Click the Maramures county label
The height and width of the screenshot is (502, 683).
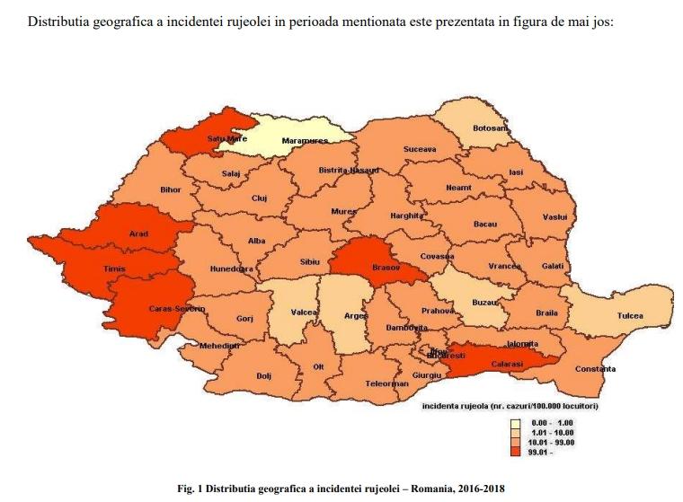(305, 141)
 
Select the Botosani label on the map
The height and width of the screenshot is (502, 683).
(491, 128)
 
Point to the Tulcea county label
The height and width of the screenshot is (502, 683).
(630, 316)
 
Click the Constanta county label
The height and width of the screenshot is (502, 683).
(595, 369)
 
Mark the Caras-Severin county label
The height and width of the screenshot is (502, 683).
(176, 309)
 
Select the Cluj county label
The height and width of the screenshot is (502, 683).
(260, 198)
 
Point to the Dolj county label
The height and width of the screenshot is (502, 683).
(264, 375)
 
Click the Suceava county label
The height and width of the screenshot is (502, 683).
(420, 148)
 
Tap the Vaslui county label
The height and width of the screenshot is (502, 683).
(554, 217)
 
